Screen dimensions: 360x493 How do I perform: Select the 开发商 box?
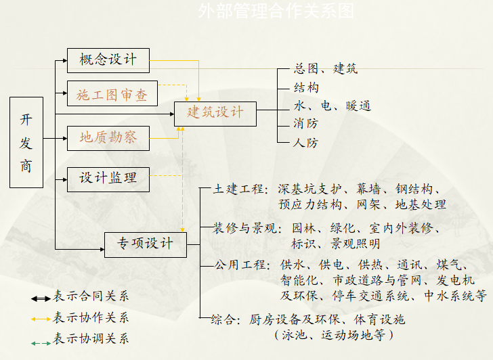[26, 142]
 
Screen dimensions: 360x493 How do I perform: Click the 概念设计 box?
[108, 60]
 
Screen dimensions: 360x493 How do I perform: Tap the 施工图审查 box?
[112, 95]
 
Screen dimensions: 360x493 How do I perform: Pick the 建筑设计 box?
[216, 113]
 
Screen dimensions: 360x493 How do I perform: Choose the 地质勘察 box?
[108, 138]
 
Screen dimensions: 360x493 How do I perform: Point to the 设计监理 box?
[108, 179]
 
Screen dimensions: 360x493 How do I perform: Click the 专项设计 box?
[146, 244]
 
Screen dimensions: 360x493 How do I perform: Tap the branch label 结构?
[306, 87]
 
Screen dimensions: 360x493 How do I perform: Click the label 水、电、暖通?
[333, 106]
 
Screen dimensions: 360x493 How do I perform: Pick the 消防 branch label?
[306, 124]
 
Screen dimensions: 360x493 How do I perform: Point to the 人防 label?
[306, 143]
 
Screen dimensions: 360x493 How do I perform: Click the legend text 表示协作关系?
[91, 318]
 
